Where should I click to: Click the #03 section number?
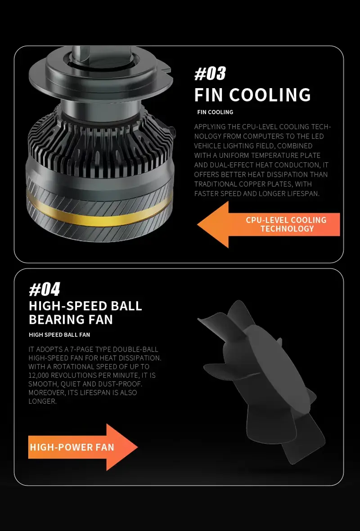tap(210, 73)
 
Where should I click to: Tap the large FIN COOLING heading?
tap(252, 95)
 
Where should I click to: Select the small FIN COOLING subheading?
tap(215, 112)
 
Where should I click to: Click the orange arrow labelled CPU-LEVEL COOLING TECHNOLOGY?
tap(269, 224)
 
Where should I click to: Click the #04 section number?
tap(45, 290)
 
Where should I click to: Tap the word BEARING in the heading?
tap(54, 320)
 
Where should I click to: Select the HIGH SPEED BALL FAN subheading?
tap(60, 335)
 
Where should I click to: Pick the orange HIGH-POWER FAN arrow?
tap(83, 447)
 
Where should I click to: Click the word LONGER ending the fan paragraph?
tap(42, 402)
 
